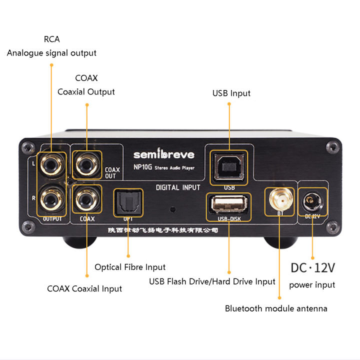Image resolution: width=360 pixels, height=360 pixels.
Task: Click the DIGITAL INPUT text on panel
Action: (178, 188)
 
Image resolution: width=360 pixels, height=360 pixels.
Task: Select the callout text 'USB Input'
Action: (231, 93)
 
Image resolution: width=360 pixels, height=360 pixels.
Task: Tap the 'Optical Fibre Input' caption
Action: (130, 267)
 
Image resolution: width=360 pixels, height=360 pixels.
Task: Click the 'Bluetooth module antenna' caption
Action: (276, 308)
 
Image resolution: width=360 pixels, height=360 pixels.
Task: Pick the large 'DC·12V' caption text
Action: (312, 267)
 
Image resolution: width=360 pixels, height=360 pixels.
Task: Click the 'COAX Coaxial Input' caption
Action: (84, 288)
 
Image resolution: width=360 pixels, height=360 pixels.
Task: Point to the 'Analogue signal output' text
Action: (51, 52)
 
